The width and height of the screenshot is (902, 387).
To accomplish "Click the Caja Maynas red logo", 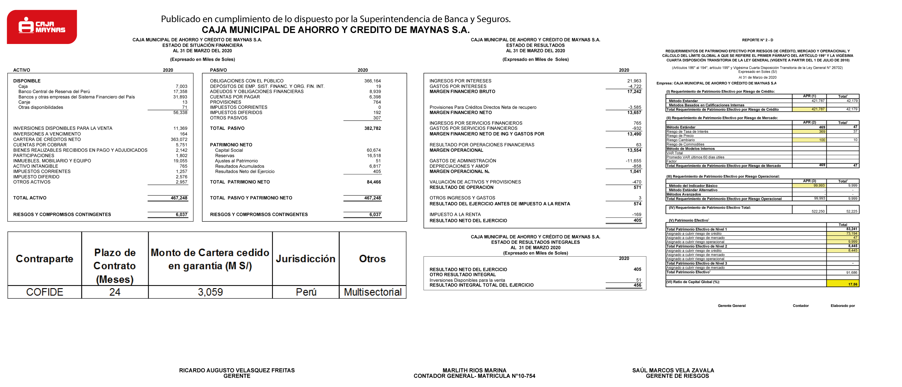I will [42, 27].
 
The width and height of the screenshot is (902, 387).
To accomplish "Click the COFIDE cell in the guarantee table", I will [44, 292].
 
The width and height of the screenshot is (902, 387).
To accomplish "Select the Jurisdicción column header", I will [305, 259].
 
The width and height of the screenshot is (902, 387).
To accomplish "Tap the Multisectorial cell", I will [373, 292].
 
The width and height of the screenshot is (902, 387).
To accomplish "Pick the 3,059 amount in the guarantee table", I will [210, 292].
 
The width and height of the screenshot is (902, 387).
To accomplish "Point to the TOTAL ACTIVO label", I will [30, 198].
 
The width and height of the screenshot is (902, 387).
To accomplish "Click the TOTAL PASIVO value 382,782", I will [373, 128].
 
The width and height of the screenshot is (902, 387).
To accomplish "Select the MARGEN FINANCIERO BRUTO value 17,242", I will [634, 92].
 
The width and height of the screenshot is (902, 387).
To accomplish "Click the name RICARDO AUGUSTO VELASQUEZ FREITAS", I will [237, 370].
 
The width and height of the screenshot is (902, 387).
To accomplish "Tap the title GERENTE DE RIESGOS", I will [677, 376].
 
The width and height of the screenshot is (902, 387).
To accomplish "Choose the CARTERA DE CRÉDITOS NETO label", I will [47, 139].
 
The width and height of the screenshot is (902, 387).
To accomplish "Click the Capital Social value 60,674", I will [374, 150].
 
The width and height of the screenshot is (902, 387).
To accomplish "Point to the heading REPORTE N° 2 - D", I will [757, 40].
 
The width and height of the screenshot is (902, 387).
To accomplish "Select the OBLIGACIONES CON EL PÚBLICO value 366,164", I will [372, 81].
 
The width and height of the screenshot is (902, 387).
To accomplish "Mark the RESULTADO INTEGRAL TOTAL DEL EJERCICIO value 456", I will [637, 285].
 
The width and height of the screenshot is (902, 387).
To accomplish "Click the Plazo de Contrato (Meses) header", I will [114, 266].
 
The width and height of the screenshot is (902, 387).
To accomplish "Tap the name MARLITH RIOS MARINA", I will [474, 370].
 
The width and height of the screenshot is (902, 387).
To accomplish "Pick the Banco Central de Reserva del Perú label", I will [54, 92].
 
